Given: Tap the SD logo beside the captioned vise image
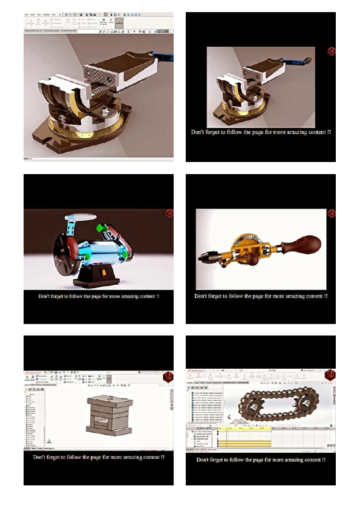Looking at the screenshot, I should (x=331, y=51).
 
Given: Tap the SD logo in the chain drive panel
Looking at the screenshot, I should (x=330, y=375).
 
